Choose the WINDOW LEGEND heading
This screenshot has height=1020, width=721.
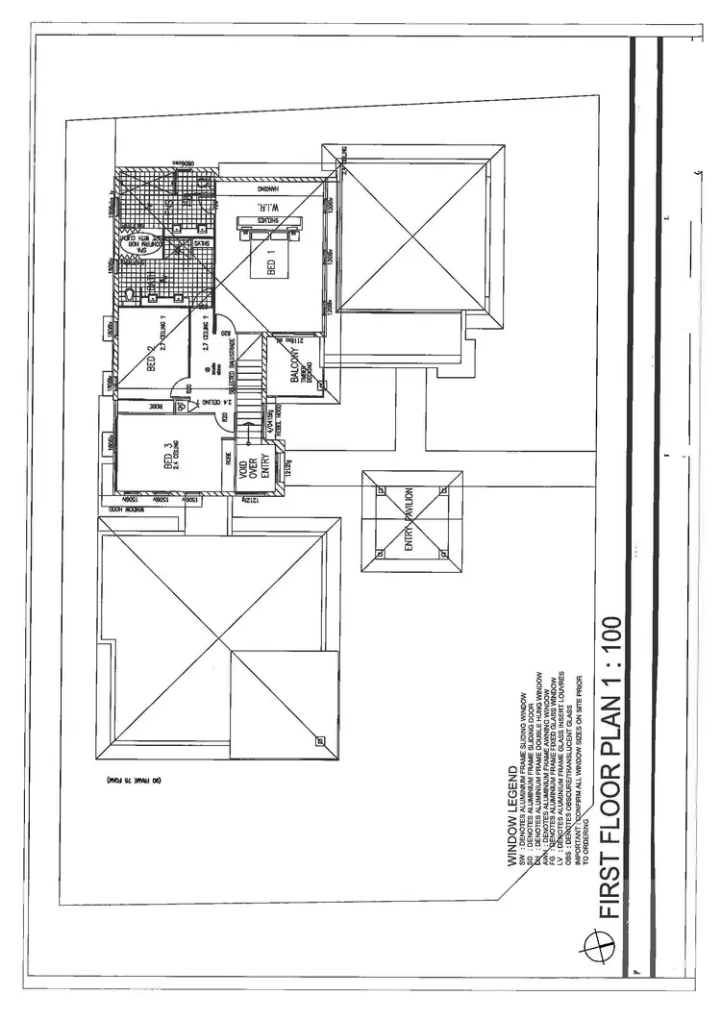click(x=512, y=817)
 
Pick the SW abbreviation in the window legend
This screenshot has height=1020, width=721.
click(x=523, y=861)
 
